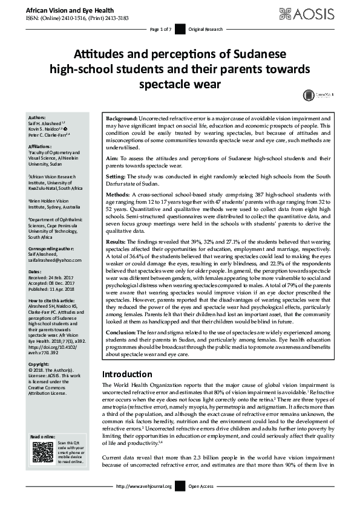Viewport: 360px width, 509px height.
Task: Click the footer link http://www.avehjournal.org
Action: click(x=143, y=486)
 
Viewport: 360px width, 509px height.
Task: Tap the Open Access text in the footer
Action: click(x=202, y=486)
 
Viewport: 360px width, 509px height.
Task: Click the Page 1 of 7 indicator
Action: click(x=161, y=28)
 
